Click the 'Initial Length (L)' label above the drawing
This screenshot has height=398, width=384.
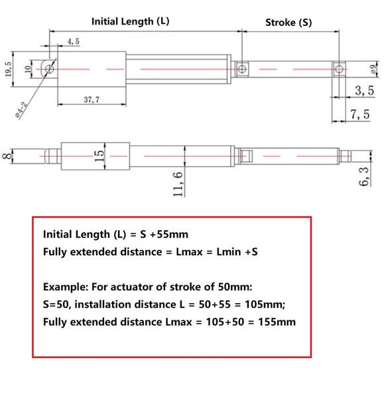[130, 21]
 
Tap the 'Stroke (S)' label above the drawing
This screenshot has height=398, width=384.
[288, 22]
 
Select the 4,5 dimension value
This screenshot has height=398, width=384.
[73, 41]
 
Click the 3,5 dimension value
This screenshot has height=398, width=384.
[363, 90]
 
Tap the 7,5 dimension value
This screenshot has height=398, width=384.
[360, 115]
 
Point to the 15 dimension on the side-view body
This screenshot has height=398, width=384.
[99, 157]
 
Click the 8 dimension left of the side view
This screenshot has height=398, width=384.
[7, 157]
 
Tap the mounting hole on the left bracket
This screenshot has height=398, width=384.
[48, 67]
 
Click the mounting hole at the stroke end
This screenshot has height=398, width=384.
[339, 68]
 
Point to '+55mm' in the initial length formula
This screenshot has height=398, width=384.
[175, 234]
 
